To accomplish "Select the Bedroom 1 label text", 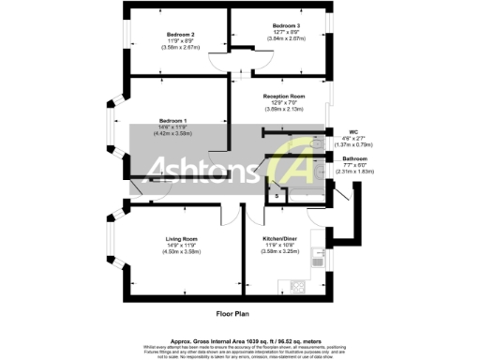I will point(172,121).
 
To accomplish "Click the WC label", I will point(352,132).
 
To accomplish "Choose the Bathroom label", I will point(353,159).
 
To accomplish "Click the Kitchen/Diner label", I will point(280,239).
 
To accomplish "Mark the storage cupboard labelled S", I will point(277,195).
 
